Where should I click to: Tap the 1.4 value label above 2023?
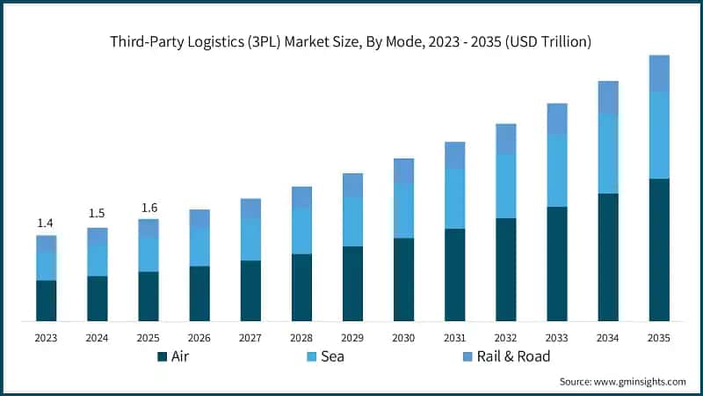[x=46, y=223]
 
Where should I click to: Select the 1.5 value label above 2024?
[x=97, y=214]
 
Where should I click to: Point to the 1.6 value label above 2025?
[x=149, y=207]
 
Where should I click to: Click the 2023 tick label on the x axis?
[x=46, y=338]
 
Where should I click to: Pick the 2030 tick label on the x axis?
[x=403, y=338]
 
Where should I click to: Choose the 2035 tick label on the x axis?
[x=659, y=338]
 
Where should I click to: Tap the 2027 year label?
[x=250, y=338]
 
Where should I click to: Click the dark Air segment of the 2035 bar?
[x=659, y=250]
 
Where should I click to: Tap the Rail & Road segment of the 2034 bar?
[x=608, y=97]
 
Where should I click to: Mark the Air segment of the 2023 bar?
[x=46, y=301]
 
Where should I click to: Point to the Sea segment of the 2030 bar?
[x=403, y=210]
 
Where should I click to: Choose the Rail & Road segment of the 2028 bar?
[x=301, y=197]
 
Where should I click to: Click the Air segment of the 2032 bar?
[x=505, y=269]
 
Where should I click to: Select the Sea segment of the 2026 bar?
[x=199, y=247]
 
